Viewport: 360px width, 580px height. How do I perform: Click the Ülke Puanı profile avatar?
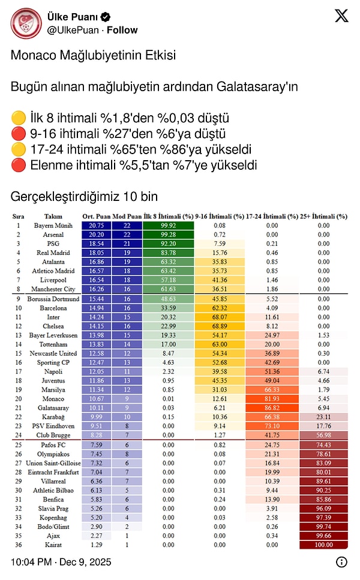[26, 23]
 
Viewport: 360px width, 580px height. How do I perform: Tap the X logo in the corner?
[341, 16]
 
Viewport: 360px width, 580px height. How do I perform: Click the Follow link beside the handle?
[123, 30]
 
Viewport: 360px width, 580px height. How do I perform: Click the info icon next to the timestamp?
[341, 562]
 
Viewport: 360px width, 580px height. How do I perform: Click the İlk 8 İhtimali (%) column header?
[169, 216]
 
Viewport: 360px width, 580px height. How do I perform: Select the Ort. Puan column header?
[96, 216]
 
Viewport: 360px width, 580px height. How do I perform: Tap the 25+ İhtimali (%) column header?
[324, 216]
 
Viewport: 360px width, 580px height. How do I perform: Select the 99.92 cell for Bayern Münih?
[169, 226]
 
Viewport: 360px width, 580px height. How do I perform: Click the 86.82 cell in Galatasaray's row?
[272, 408]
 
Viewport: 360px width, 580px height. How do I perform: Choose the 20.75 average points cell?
[96, 226]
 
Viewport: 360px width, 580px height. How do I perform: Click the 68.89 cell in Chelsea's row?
[220, 326]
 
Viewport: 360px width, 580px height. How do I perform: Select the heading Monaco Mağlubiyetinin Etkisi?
[93, 56]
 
